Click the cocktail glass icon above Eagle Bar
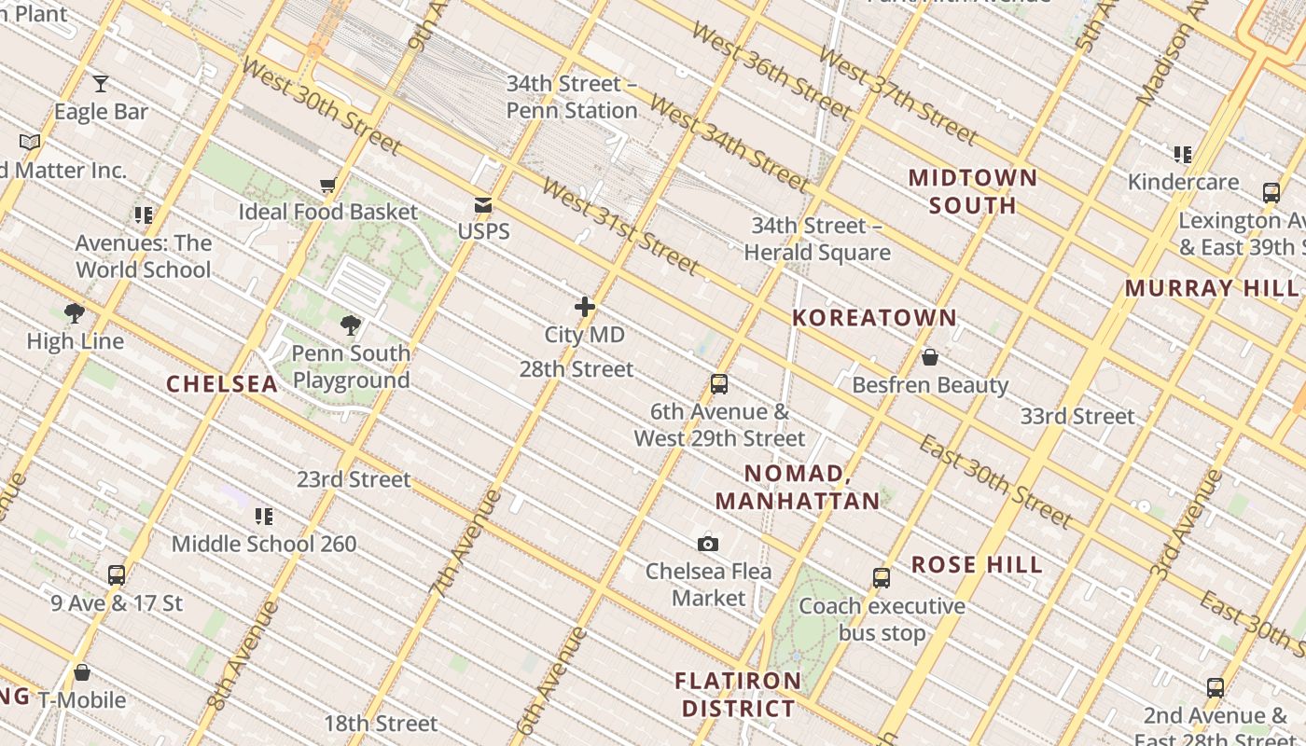(101, 84)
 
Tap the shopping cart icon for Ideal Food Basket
(327, 186)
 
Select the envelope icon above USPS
(483, 204)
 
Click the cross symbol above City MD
(585, 307)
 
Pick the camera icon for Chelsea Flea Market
(708, 544)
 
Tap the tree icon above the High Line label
(75, 313)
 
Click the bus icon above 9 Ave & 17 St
(117, 575)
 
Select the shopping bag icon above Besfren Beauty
(929, 357)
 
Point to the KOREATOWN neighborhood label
(874, 318)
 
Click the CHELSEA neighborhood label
(222, 384)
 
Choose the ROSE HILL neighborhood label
(977, 565)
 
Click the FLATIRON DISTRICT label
(738, 695)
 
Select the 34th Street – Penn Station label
(572, 97)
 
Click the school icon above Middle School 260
(264, 516)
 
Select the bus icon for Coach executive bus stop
(882, 577)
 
